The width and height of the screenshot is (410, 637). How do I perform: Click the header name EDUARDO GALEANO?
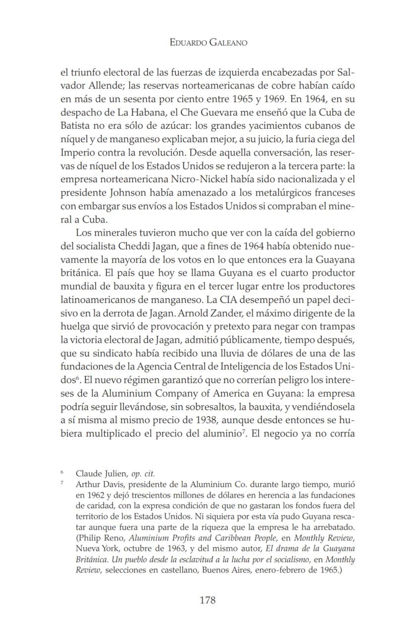point(207,43)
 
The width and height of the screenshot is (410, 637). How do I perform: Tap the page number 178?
point(207,600)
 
